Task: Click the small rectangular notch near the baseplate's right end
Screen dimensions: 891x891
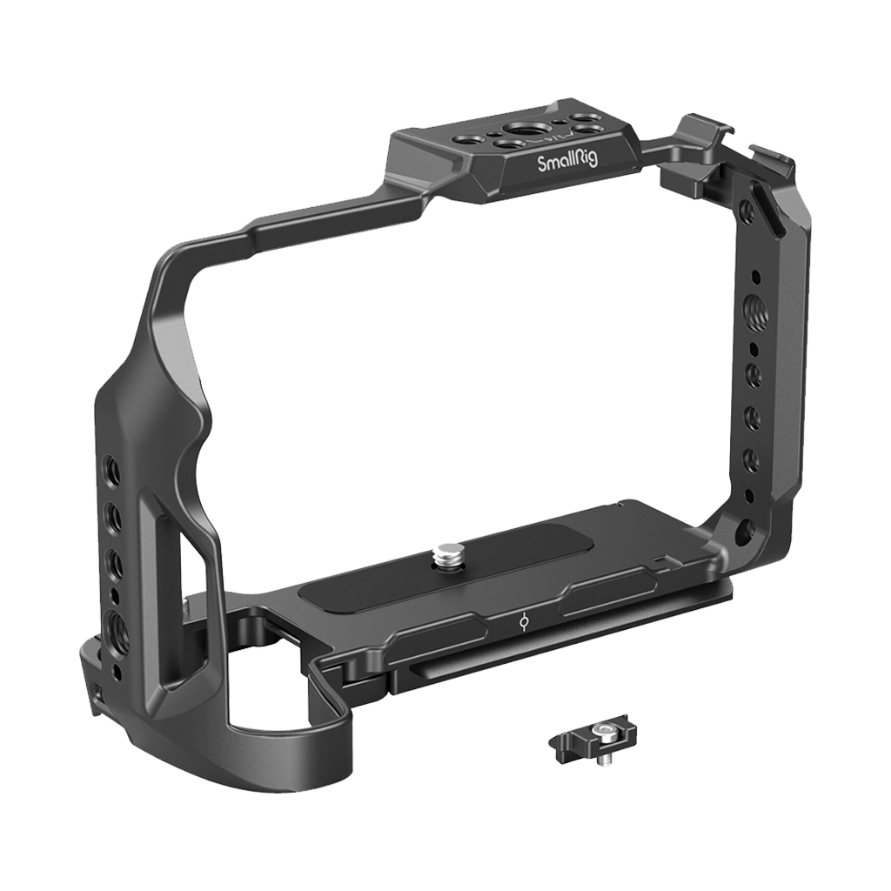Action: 660,558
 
